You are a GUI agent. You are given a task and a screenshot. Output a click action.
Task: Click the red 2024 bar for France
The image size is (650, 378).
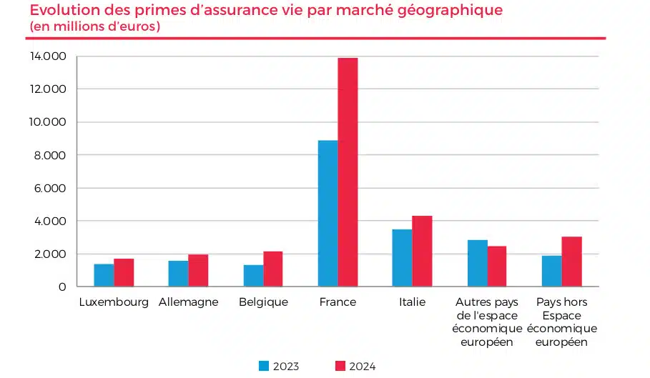coord(348,171)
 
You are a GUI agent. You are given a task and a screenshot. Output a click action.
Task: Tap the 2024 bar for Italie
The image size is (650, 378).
coord(422,251)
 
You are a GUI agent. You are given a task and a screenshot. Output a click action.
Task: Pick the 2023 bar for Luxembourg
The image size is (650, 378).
coord(104,275)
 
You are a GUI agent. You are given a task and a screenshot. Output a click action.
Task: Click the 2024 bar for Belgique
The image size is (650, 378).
coord(272,269)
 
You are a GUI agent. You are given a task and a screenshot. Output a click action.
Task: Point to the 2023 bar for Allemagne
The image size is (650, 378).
coord(178,273)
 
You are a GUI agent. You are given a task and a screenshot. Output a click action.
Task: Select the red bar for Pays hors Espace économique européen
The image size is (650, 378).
coord(571,262)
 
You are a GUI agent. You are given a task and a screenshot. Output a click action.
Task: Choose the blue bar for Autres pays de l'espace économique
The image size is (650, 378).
coord(478,263)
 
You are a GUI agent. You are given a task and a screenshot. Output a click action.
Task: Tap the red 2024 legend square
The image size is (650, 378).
coord(340,366)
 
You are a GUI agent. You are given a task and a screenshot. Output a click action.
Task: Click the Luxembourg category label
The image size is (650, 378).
coord(114,302)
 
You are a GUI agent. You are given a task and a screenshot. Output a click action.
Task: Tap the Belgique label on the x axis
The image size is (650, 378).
coord(263,302)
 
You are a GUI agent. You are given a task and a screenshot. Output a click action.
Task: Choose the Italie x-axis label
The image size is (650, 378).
coord(412,302)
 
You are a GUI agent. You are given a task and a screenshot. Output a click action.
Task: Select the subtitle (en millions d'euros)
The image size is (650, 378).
coord(95,26)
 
